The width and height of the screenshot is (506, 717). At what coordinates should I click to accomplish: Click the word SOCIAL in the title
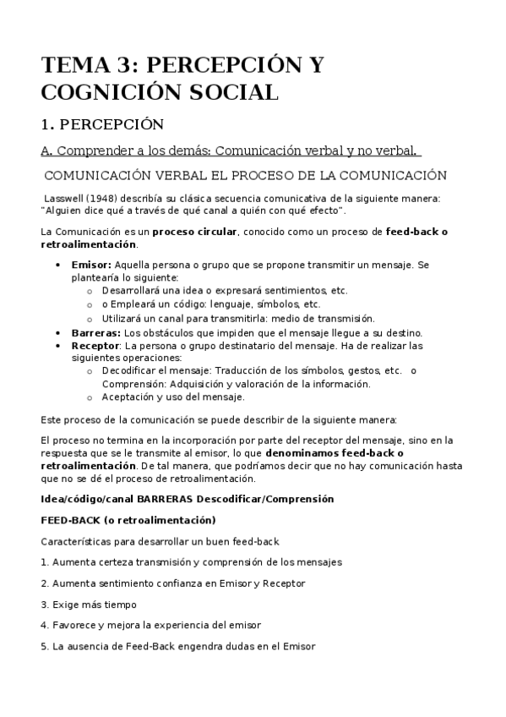click(229, 93)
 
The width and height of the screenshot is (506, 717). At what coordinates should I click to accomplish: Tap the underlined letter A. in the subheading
click(47, 151)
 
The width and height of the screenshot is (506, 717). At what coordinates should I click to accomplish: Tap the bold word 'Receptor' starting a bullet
click(96, 346)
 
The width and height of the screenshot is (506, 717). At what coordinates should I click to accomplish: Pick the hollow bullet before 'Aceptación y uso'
click(90, 397)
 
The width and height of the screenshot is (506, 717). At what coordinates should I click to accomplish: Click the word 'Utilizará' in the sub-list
click(124, 319)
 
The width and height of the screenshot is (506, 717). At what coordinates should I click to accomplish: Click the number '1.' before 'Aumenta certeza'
click(44, 562)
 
